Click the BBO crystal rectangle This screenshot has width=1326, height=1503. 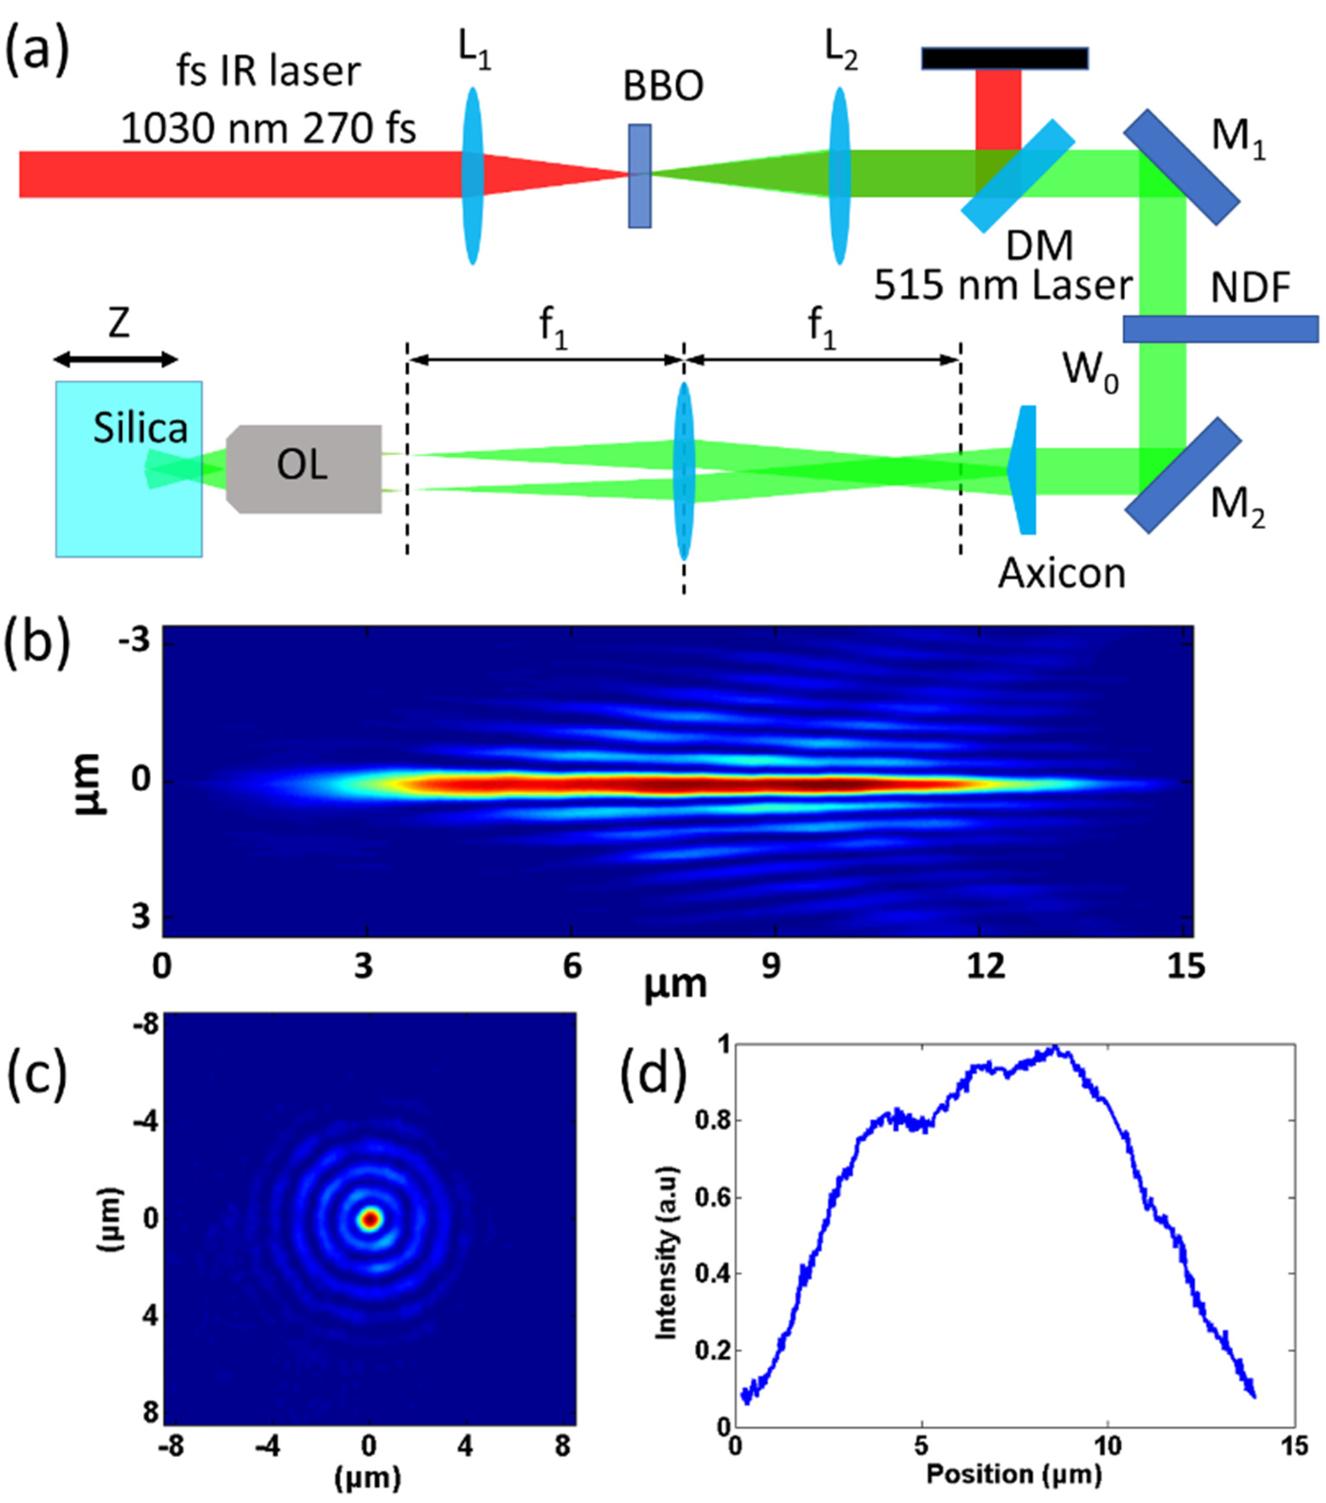click(639, 176)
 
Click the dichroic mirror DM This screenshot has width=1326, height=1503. click(1018, 176)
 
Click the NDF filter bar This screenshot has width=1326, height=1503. click(1220, 329)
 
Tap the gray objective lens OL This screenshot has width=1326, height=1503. click(304, 468)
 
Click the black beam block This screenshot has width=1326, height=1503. click(1004, 58)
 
